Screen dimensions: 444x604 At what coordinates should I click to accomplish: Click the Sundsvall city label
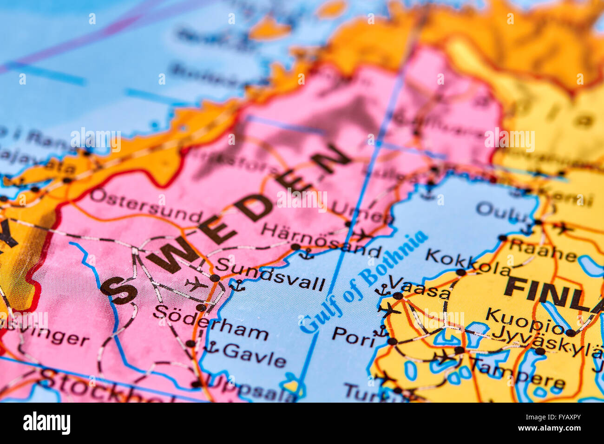[270, 274]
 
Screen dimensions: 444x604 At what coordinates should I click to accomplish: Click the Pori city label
[353, 337]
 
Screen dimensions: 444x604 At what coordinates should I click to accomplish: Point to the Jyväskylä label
[546, 339]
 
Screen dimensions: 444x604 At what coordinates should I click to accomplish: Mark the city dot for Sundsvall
[215, 278]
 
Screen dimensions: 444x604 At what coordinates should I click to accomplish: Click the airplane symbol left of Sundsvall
[196, 283]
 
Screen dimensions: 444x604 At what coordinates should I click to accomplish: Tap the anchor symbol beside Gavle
[211, 346]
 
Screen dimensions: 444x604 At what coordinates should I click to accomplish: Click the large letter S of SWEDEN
[119, 289]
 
